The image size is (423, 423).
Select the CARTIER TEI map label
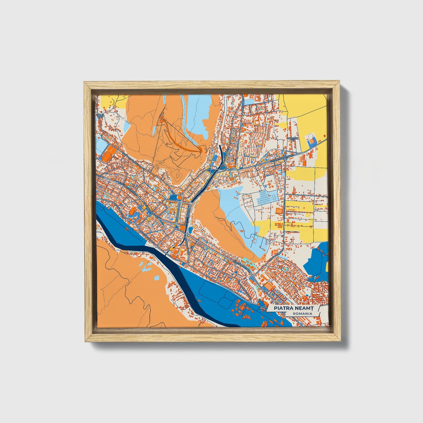pos(293,138)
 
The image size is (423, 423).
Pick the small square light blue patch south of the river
pos(157,277)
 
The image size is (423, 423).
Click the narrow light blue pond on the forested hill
pos(184,102)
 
